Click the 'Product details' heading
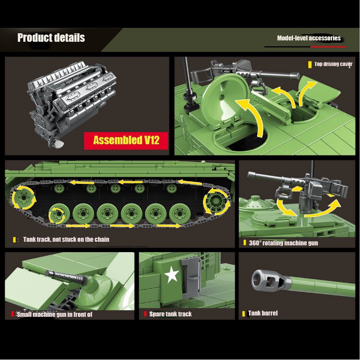point(51,38)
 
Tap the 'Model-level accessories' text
point(309,38)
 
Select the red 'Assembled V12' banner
point(126,141)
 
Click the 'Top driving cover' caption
point(333,64)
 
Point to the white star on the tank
point(172,274)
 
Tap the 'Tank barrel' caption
point(263,313)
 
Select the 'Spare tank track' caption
point(170,314)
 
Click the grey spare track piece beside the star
point(190,278)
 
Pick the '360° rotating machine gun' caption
point(283,243)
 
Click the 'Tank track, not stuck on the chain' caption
point(66,240)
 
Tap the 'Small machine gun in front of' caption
point(54,314)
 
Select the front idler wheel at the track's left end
point(23,198)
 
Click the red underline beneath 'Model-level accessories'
point(329,47)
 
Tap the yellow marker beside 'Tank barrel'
point(244,314)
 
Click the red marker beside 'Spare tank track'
point(145,314)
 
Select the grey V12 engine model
point(71,101)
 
